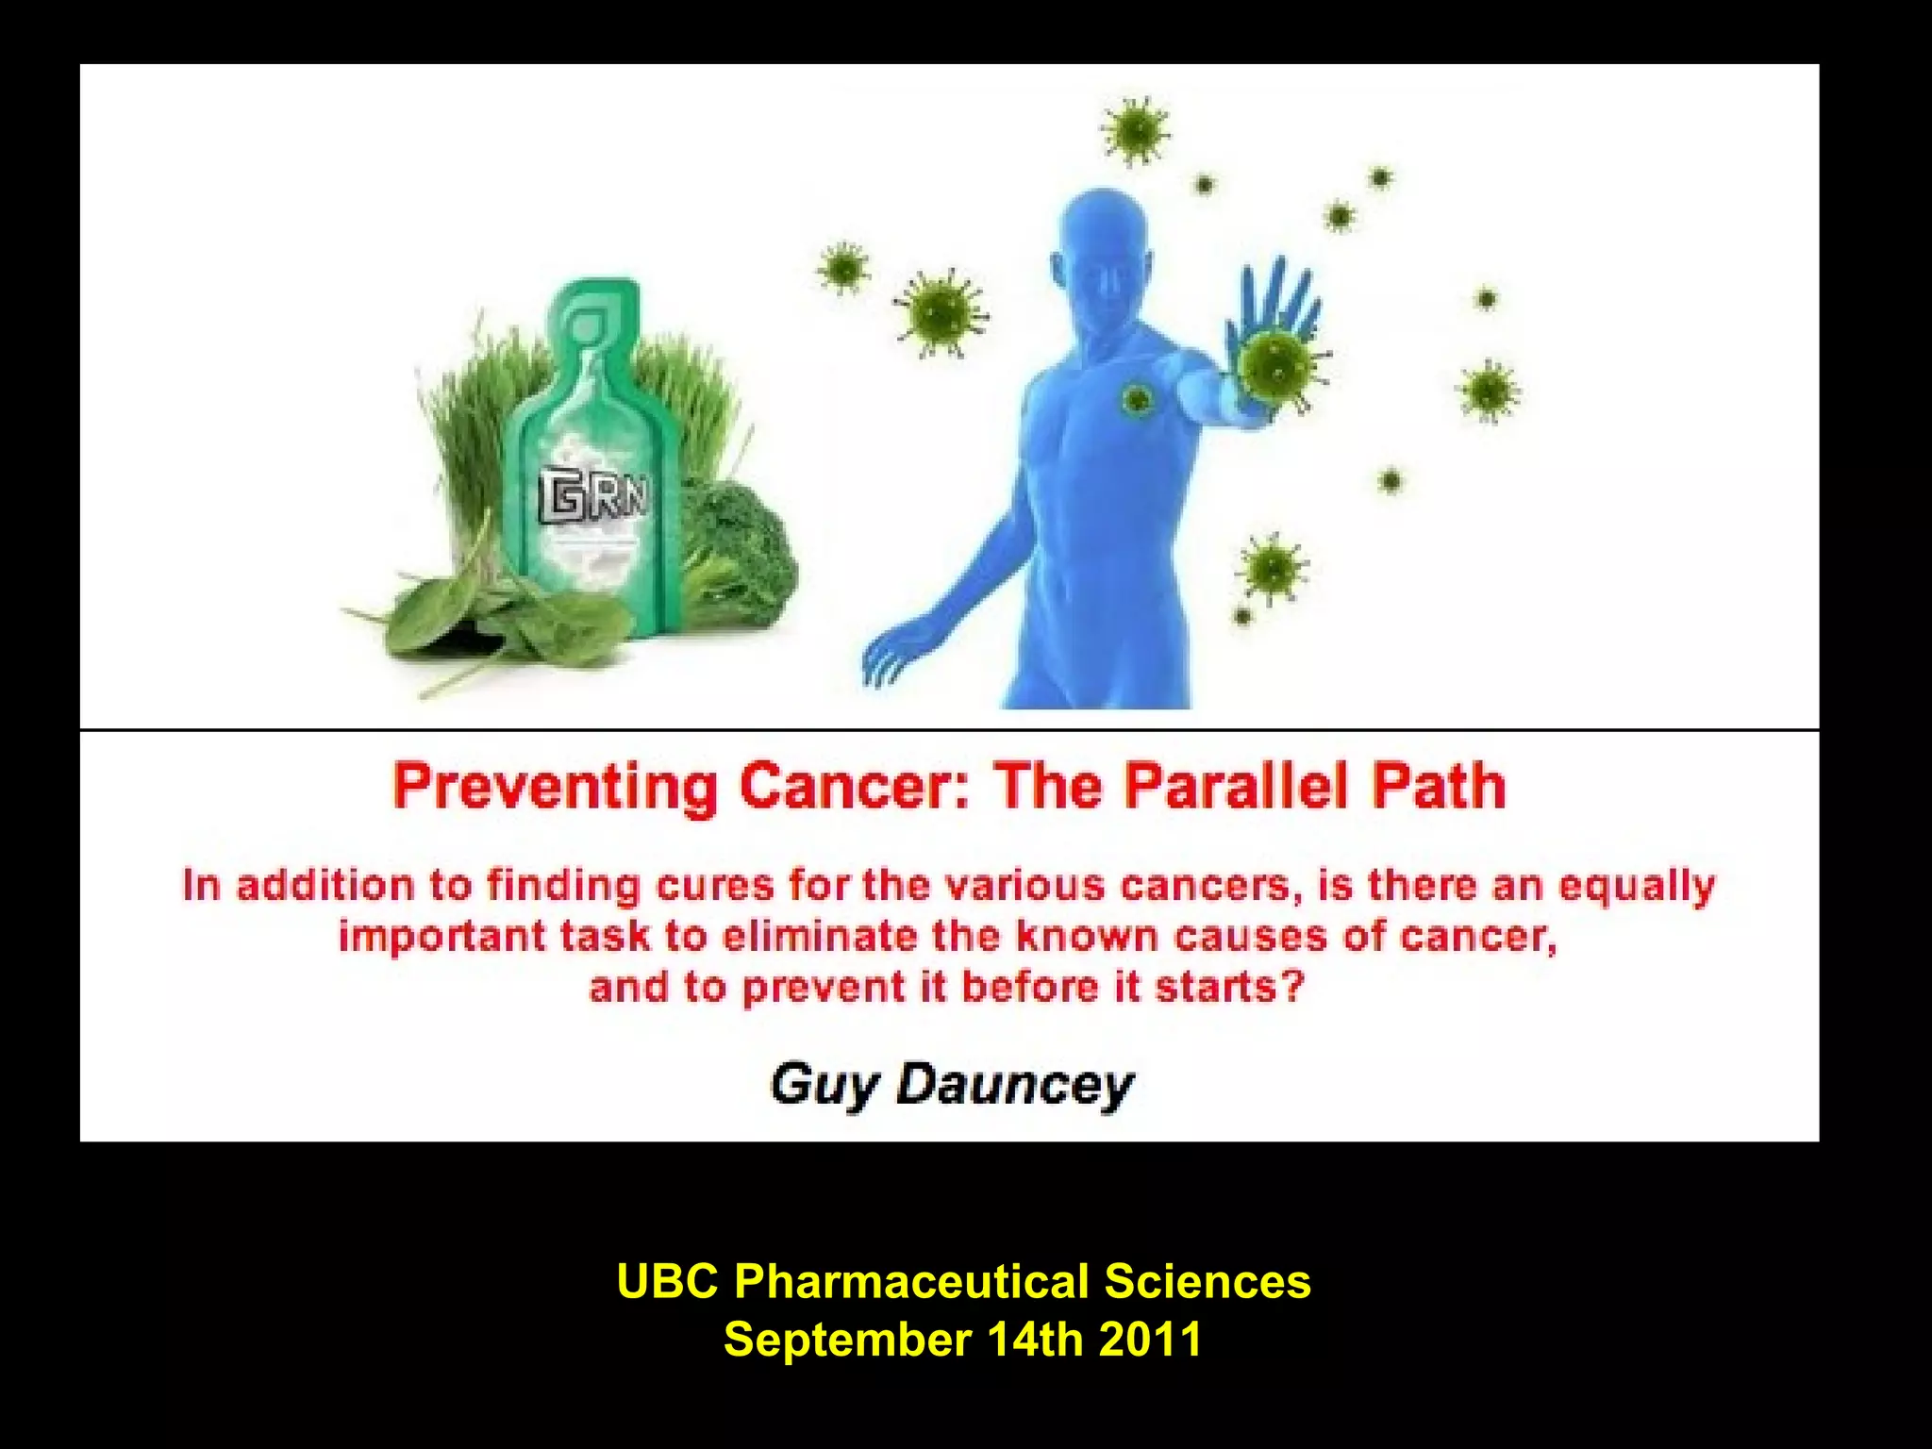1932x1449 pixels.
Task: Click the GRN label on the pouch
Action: coord(593,498)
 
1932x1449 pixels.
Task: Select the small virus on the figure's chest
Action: coord(1138,400)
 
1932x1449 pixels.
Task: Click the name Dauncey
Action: coord(1013,1085)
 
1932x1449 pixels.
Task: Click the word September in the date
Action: coord(847,1340)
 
